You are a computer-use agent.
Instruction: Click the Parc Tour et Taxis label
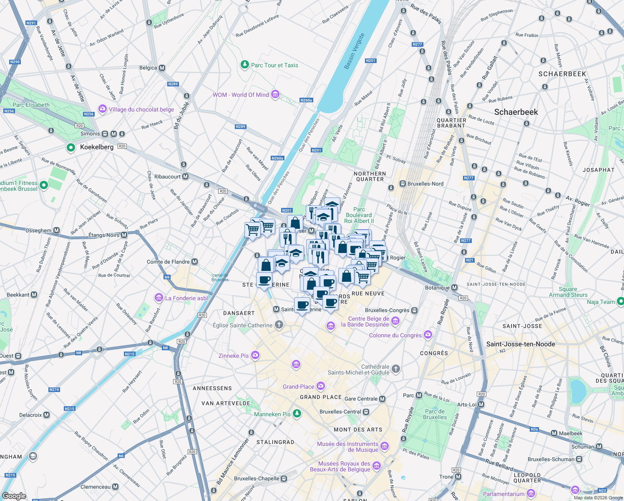[x=274, y=65]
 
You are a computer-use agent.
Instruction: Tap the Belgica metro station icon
[x=162, y=68]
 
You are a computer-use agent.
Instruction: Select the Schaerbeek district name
[x=516, y=112]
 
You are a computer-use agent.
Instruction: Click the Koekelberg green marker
[x=71, y=147]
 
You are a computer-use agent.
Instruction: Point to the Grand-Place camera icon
[x=320, y=386]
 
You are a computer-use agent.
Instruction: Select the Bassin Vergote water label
[x=354, y=51]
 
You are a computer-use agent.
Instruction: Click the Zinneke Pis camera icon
[x=255, y=355]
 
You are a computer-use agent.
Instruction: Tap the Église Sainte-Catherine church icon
[x=279, y=325]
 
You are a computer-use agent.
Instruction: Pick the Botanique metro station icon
[x=455, y=288]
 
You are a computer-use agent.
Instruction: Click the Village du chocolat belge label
[x=141, y=109]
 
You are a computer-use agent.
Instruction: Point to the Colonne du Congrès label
[x=395, y=335]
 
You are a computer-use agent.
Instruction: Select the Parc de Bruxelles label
[x=435, y=414]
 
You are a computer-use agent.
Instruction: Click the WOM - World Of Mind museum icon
[x=275, y=95]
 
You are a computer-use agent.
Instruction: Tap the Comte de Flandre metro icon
[x=194, y=262]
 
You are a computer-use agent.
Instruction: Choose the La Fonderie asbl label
[x=186, y=298]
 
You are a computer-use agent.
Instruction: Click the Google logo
[x=14, y=496]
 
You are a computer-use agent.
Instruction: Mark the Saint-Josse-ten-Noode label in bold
[x=521, y=344]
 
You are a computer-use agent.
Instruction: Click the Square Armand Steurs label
[x=568, y=292]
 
